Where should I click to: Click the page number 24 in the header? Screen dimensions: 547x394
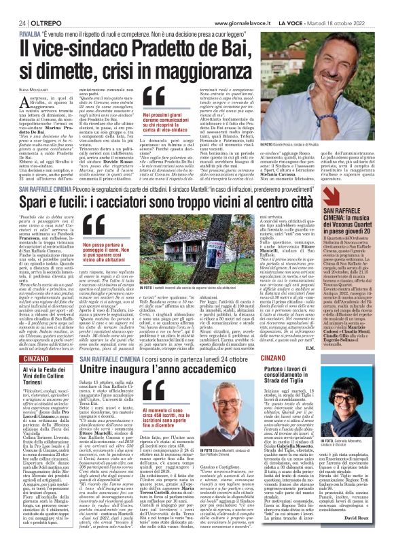tap(12, 22)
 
